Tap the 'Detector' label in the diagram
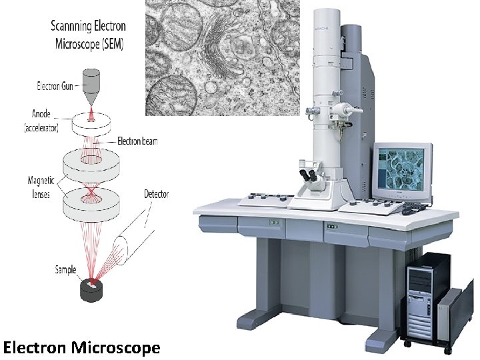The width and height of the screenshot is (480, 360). [156, 194]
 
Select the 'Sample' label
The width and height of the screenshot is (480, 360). [65, 270]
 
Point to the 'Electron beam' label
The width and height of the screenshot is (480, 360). [137, 141]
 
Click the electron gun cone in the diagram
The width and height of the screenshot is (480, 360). [90, 83]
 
